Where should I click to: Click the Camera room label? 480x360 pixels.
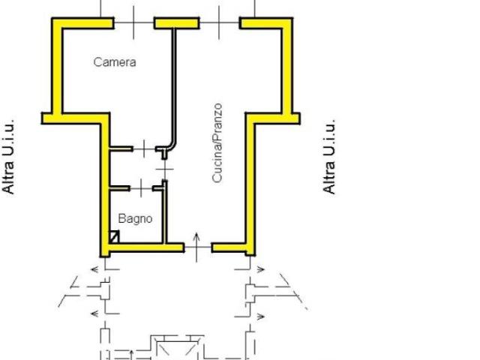[x=115, y=62]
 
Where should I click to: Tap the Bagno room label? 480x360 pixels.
[x=135, y=219]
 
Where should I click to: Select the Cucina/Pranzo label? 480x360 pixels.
[x=217, y=143]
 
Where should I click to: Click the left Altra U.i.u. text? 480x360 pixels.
[x=8, y=157]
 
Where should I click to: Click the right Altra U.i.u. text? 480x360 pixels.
[x=329, y=157]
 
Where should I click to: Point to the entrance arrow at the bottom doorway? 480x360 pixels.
[x=196, y=247]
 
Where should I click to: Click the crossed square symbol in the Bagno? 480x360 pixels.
[x=114, y=237]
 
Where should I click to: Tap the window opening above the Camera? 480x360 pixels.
[x=133, y=22]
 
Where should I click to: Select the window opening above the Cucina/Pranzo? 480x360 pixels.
[x=219, y=22]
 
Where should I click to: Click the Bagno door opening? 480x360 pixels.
[x=141, y=188]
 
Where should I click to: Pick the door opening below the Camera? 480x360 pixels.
[x=144, y=148]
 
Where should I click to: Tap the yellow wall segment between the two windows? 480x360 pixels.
[x=177, y=23]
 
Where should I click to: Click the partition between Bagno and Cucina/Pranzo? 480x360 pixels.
[x=165, y=212]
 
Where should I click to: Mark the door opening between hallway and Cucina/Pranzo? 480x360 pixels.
[x=165, y=169]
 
